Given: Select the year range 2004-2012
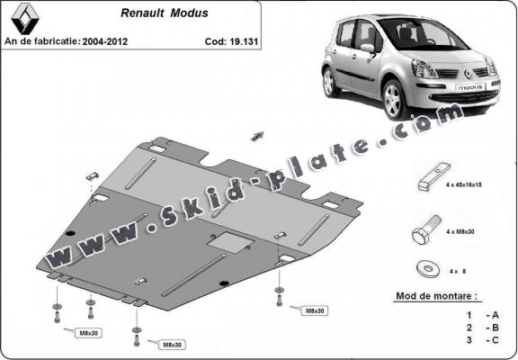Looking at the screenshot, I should pos(108,41).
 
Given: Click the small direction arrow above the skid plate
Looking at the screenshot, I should pos(260,134).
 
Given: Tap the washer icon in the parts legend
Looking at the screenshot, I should pos(425,268).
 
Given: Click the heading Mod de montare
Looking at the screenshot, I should pos(437,295).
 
